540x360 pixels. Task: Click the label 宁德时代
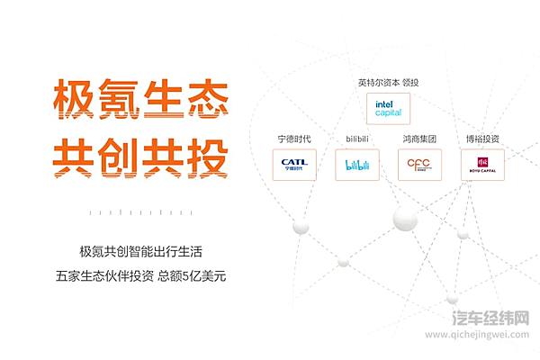pyautogui.click(x=293, y=139)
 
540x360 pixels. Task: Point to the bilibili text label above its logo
pyautogui.click(x=357, y=139)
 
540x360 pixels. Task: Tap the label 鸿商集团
pyautogui.click(x=419, y=139)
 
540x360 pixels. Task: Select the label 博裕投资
pyautogui.click(x=483, y=139)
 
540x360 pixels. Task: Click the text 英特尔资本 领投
pyautogui.click(x=388, y=83)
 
